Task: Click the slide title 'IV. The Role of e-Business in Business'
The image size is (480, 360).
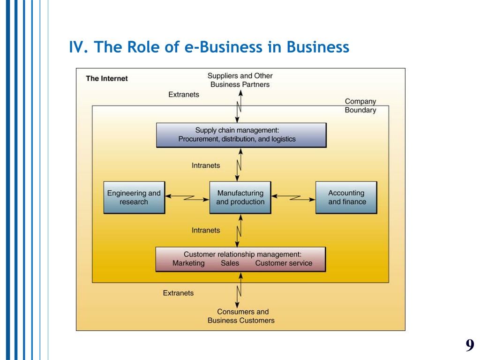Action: tap(209, 47)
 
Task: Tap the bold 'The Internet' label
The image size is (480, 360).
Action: tap(106, 78)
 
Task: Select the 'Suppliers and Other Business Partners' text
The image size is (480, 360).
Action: tap(240, 80)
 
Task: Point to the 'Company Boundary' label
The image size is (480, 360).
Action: tap(360, 105)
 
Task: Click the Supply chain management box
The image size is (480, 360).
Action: tap(241, 135)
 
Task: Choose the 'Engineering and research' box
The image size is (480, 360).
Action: tap(134, 197)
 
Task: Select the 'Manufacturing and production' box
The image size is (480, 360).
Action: tap(240, 197)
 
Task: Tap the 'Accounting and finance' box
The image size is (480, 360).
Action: tap(346, 197)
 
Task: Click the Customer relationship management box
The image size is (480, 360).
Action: tap(240, 259)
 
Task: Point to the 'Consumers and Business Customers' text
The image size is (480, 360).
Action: tap(241, 316)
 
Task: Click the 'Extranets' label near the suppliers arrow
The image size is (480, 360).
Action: tap(184, 95)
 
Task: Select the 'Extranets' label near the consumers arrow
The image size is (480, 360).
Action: tap(178, 293)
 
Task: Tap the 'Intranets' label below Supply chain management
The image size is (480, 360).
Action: tap(206, 165)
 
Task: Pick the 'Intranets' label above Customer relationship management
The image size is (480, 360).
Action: tap(206, 230)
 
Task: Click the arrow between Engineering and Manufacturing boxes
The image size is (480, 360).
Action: tap(187, 198)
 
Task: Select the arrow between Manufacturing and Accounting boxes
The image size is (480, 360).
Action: tap(293, 198)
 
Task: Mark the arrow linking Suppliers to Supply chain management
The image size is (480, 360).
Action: tap(239, 107)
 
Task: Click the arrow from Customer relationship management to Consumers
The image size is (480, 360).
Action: tap(239, 290)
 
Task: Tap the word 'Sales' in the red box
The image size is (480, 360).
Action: tap(230, 263)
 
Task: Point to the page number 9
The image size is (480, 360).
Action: tap(470, 345)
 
